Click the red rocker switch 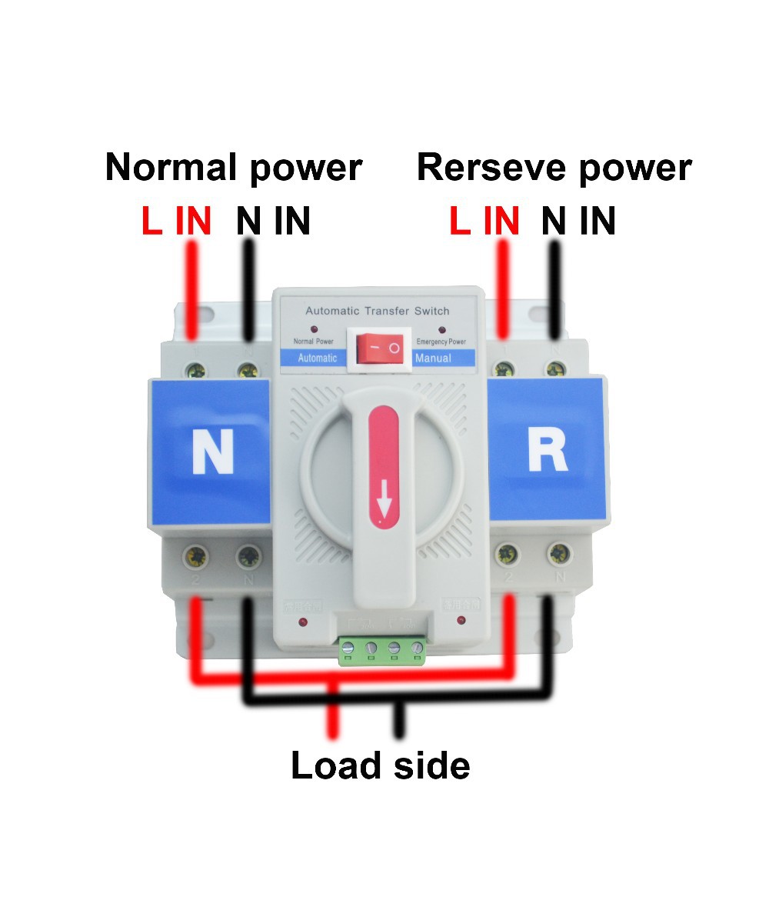pos(378,348)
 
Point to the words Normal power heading pos(233,167)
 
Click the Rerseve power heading pos(554,167)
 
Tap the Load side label pos(380,765)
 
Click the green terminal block pos(382,650)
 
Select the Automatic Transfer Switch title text pos(378,311)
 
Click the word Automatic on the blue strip pos(317,358)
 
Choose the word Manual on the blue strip pos(433,358)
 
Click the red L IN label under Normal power pos(176,222)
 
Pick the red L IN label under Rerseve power pos(484,222)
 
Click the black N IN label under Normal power pos(273,222)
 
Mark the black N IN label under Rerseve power pos(578,222)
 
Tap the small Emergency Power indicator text pos(441,341)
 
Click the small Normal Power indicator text pos(313,341)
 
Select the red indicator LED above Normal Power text pos(314,329)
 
